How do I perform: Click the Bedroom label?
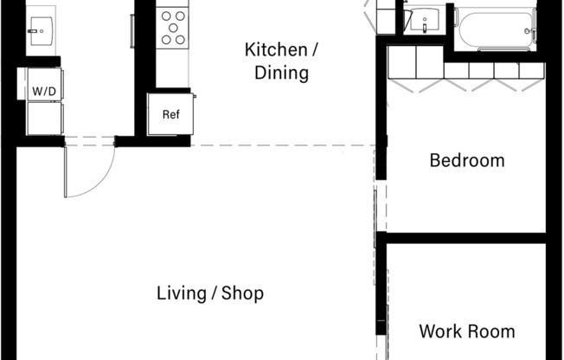click(467, 161)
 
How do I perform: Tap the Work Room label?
click(467, 331)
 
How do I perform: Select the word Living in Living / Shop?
click(182, 293)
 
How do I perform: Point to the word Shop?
click(242, 293)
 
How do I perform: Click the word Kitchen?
click(276, 49)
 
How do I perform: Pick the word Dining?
click(282, 73)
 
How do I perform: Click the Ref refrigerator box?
click(170, 114)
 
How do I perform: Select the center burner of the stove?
click(173, 28)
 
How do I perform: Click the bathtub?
click(496, 30)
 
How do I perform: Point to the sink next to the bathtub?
click(425, 21)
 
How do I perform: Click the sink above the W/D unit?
click(42, 31)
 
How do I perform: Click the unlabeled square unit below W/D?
click(45, 119)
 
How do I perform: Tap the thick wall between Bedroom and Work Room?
click(466, 238)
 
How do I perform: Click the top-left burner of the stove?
click(166, 16)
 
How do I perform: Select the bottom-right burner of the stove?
click(181, 40)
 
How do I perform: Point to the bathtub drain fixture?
click(528, 31)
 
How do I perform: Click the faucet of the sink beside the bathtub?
click(425, 28)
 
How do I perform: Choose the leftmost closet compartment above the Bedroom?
click(401, 62)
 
